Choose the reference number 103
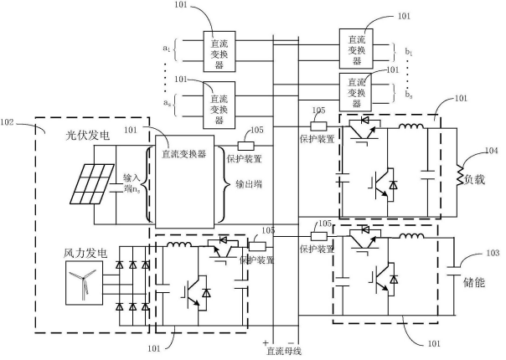tap(492, 252)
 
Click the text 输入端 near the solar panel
tap(133, 183)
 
